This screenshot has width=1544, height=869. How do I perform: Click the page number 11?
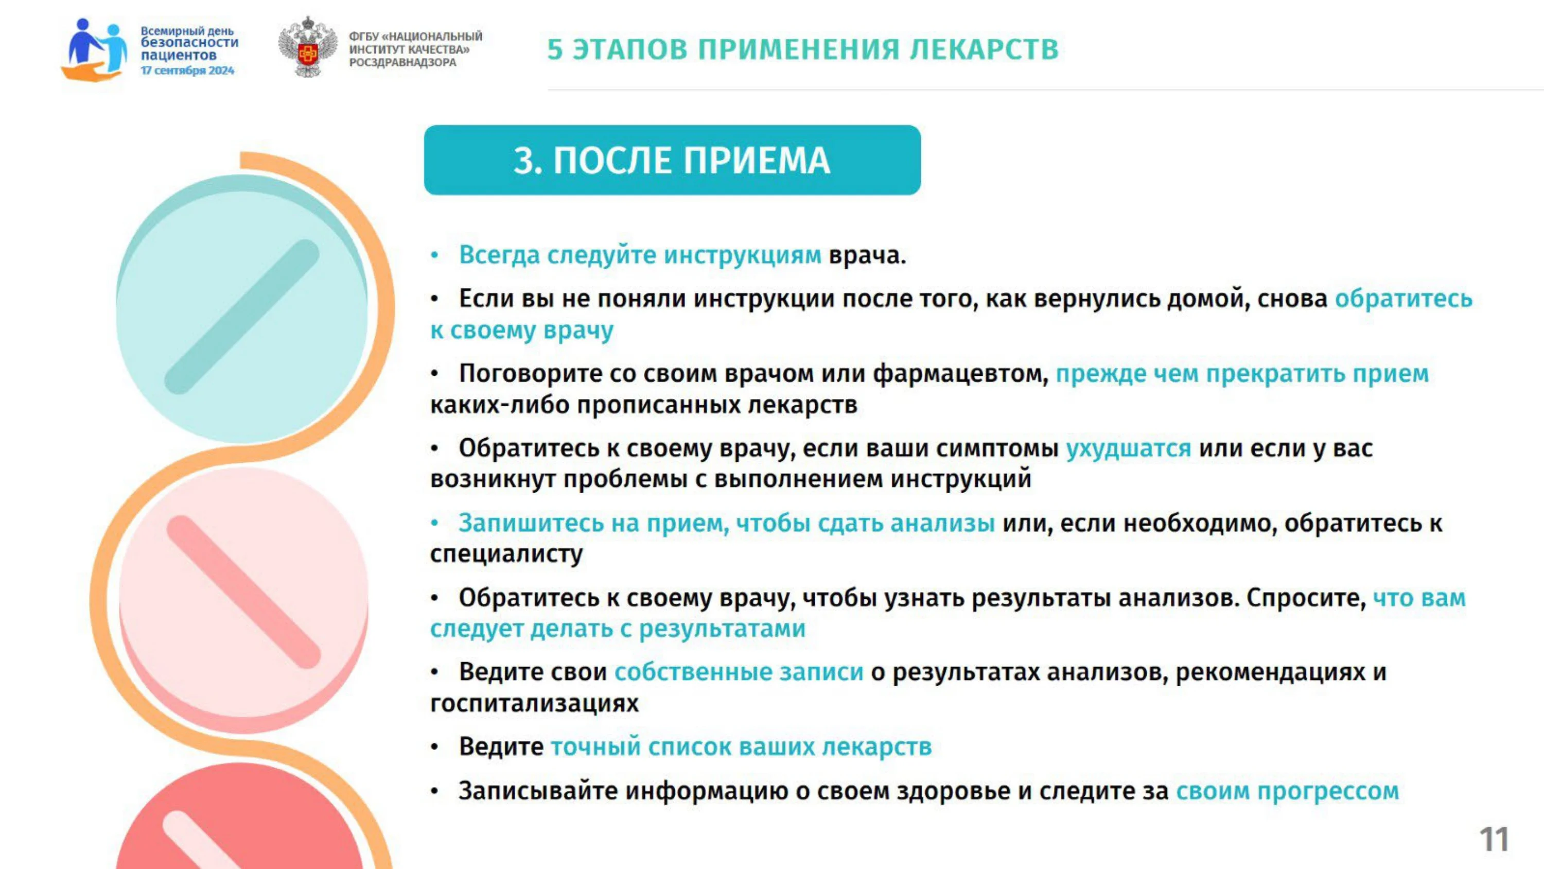pyautogui.click(x=1494, y=839)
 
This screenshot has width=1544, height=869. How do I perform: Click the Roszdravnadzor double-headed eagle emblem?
pyautogui.click(x=307, y=47)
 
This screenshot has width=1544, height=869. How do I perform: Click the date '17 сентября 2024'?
pyautogui.click(x=187, y=71)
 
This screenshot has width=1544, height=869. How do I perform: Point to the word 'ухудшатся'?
pyautogui.click(x=1128, y=448)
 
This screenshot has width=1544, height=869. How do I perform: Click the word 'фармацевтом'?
pyautogui.click(x=960, y=374)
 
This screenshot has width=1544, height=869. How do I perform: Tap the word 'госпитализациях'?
pyautogui.click(x=534, y=703)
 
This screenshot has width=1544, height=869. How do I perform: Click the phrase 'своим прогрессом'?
pyautogui.click(x=1287, y=791)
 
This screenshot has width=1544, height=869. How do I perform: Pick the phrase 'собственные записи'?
pyautogui.click(x=739, y=672)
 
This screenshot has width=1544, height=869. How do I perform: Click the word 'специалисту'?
pyautogui.click(x=506, y=553)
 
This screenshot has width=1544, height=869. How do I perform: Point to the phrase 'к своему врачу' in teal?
pyautogui.click(x=522, y=331)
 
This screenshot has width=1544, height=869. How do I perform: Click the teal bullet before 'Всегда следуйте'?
pyautogui.click(x=435, y=255)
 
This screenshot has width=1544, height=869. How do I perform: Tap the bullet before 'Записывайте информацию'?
pyautogui.click(x=435, y=792)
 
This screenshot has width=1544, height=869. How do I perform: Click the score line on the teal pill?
pyautogui.click(x=241, y=317)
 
